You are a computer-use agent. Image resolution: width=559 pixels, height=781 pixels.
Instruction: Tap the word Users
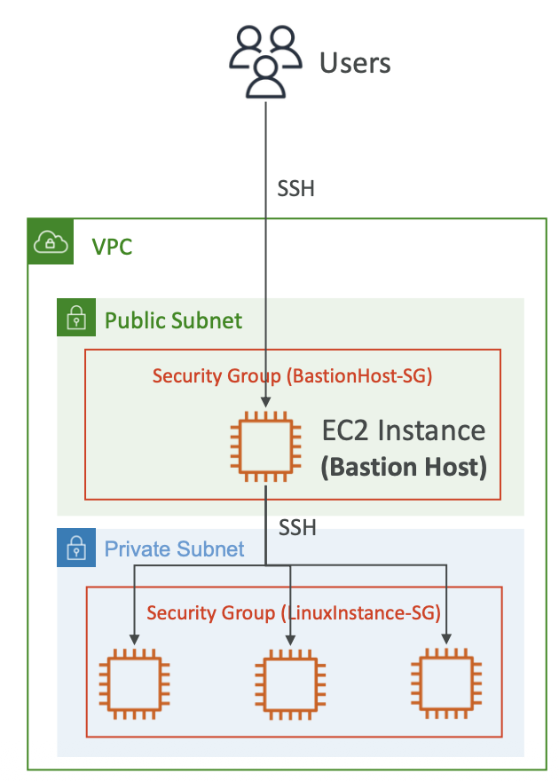[355, 63]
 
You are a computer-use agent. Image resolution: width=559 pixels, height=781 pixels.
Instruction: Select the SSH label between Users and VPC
[296, 189]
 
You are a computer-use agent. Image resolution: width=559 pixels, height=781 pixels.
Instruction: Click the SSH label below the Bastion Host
[297, 527]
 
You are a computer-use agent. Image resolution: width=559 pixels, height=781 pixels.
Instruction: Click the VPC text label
[113, 246]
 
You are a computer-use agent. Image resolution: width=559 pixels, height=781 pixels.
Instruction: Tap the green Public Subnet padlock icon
[76, 318]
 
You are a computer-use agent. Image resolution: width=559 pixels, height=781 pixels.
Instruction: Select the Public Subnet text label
[173, 320]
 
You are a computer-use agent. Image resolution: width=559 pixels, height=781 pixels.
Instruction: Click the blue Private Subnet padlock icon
[76, 548]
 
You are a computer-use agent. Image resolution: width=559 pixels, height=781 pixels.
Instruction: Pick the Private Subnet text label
[174, 548]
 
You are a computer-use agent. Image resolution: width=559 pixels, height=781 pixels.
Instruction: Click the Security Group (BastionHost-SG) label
[292, 375]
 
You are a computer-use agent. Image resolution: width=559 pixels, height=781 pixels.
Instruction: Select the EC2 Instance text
[404, 431]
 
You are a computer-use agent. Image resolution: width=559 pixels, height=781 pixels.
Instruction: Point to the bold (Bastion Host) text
[404, 467]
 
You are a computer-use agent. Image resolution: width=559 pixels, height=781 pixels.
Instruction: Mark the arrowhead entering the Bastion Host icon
[264, 404]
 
